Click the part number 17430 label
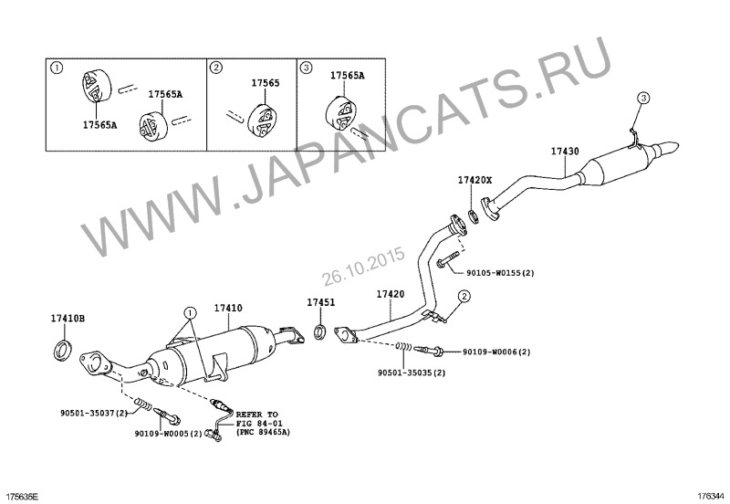pos(565,152)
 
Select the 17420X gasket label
pos(474,180)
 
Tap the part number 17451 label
pos(320,302)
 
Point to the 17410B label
pos(68,319)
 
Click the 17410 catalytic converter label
pos(228,308)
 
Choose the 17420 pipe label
pos(391,294)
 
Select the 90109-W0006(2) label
pos(496,352)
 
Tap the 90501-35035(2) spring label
pos(412,373)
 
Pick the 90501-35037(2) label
pos(94,413)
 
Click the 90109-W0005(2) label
pos(169,433)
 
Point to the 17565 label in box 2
pos(266,83)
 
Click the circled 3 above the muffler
pos(643,98)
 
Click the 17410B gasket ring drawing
pos(63,351)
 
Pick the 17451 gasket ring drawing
pos(320,331)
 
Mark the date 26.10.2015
pos(363,266)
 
